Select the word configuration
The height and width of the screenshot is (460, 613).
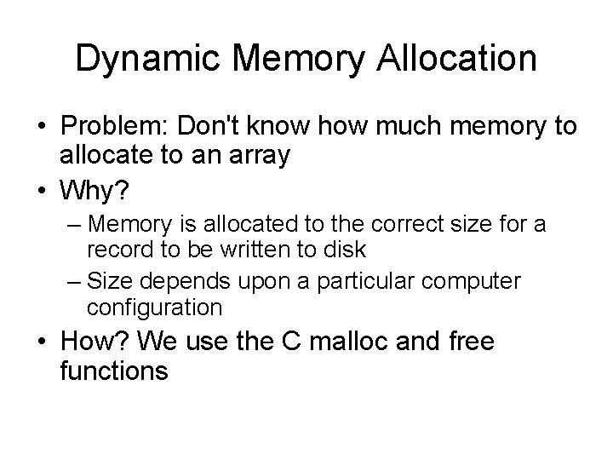click(x=154, y=307)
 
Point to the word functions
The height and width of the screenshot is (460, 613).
click(x=114, y=373)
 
